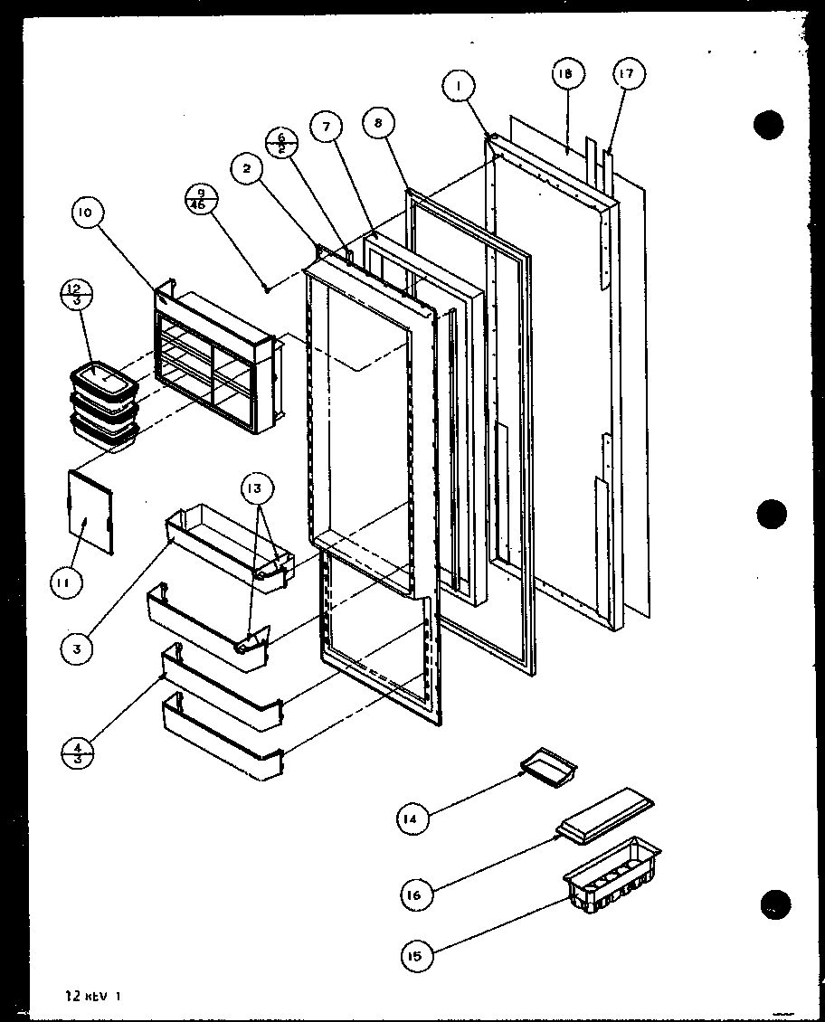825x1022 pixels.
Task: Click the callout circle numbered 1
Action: [460, 88]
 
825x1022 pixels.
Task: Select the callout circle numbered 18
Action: [566, 75]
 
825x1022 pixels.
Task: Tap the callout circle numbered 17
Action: [627, 75]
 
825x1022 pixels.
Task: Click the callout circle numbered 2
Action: [247, 167]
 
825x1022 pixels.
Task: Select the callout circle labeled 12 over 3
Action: [75, 295]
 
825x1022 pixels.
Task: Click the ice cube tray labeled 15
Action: [612, 872]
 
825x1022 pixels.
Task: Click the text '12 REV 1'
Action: [91, 997]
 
